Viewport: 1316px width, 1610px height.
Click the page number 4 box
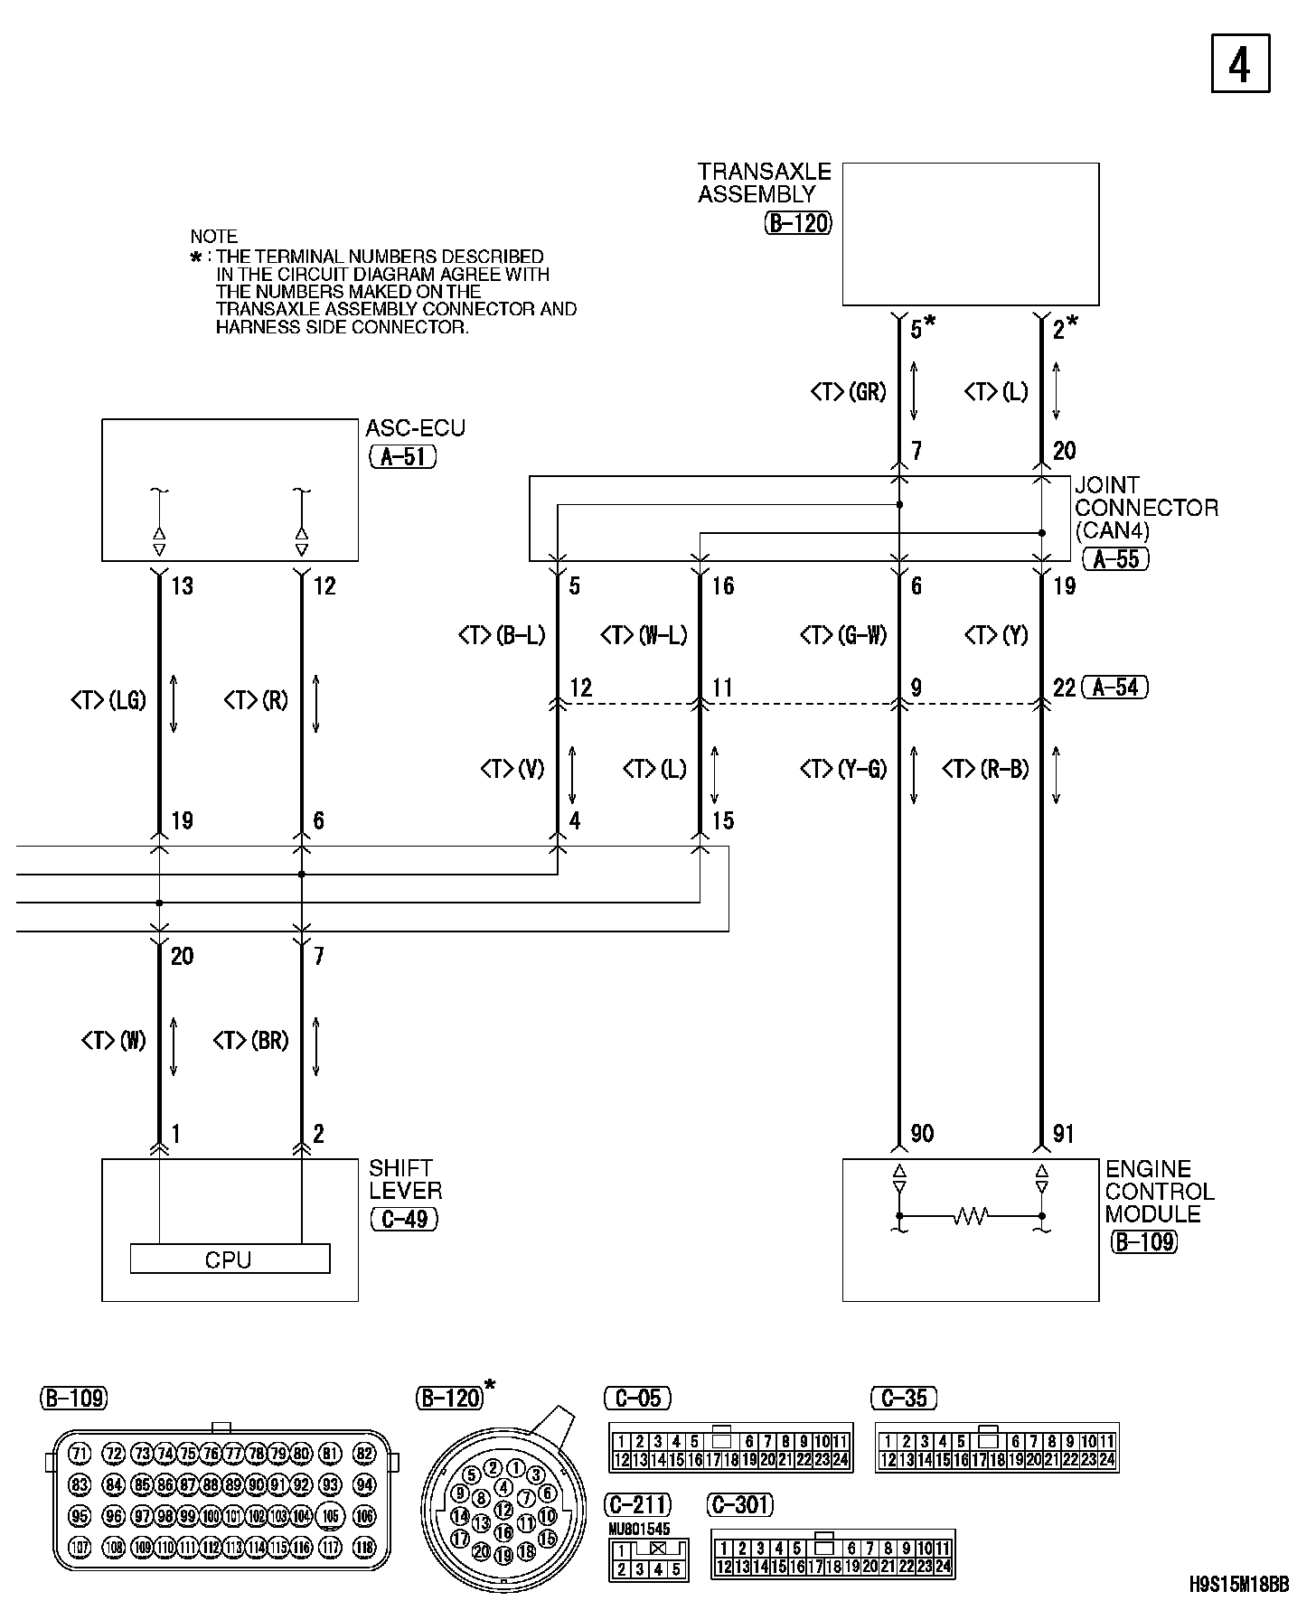click(x=1240, y=63)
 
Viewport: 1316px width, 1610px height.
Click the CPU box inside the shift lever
click(x=230, y=1259)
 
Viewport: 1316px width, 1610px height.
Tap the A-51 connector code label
click(x=403, y=456)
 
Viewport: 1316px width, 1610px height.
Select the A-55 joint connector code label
click(x=1116, y=559)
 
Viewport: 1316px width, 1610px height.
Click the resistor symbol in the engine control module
click(x=970, y=1216)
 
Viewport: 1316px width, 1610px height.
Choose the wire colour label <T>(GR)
click(x=848, y=391)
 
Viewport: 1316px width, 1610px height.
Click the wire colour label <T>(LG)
click(x=108, y=700)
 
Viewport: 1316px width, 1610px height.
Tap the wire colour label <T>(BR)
click(x=250, y=1041)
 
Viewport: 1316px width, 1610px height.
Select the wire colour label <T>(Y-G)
click(x=843, y=769)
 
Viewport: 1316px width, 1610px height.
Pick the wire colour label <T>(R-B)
click(x=986, y=769)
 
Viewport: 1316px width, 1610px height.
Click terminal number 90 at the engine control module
click(x=922, y=1134)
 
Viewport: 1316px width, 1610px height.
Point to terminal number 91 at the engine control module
click(x=1064, y=1134)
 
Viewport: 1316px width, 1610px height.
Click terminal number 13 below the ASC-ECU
click(x=182, y=586)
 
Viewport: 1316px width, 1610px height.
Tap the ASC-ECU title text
click(x=415, y=428)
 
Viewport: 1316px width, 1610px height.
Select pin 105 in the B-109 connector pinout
click(x=332, y=1516)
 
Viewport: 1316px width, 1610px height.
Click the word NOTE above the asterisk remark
click(x=213, y=237)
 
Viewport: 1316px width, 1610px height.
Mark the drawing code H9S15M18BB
click(x=1237, y=1584)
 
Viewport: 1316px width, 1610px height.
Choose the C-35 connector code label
click(x=904, y=1399)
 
